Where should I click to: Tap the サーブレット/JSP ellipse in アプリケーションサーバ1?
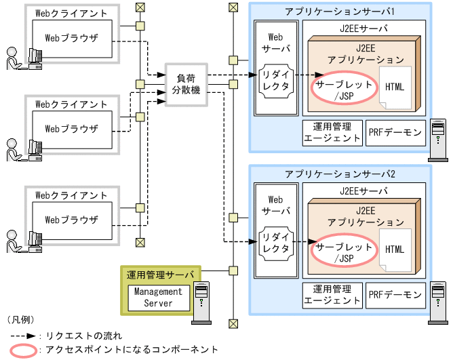[x=343, y=90]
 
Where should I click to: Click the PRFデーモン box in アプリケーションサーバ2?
[x=395, y=295]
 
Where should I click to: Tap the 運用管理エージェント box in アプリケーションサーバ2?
[x=332, y=295]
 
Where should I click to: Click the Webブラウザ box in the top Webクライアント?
[x=71, y=38]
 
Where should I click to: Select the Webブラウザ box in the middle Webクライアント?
[x=71, y=128]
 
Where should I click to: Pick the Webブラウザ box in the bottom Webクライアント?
[x=71, y=220]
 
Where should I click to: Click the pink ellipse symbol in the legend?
[x=23, y=350]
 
